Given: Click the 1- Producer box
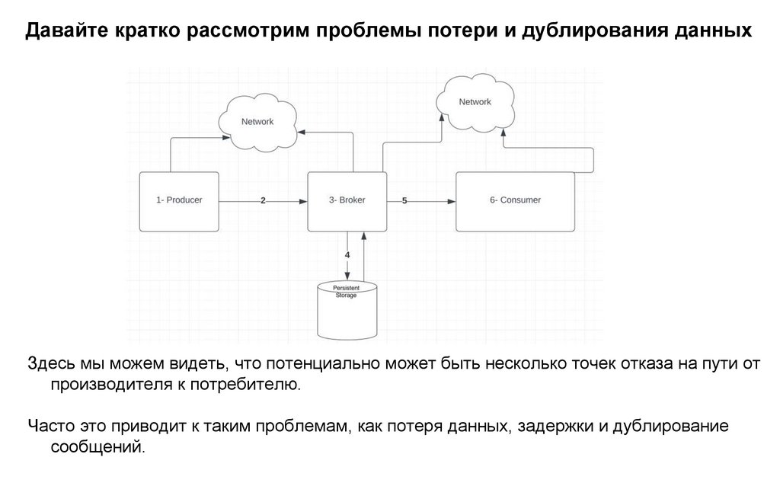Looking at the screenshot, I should click(179, 200).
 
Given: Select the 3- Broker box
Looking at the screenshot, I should click(347, 201).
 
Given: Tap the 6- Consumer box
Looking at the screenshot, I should click(515, 201).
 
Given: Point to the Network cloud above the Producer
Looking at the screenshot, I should click(257, 122).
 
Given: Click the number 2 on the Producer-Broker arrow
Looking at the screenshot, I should click(263, 201).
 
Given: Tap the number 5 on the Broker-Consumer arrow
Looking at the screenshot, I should click(404, 201).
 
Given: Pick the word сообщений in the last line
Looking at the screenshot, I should click(97, 447).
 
